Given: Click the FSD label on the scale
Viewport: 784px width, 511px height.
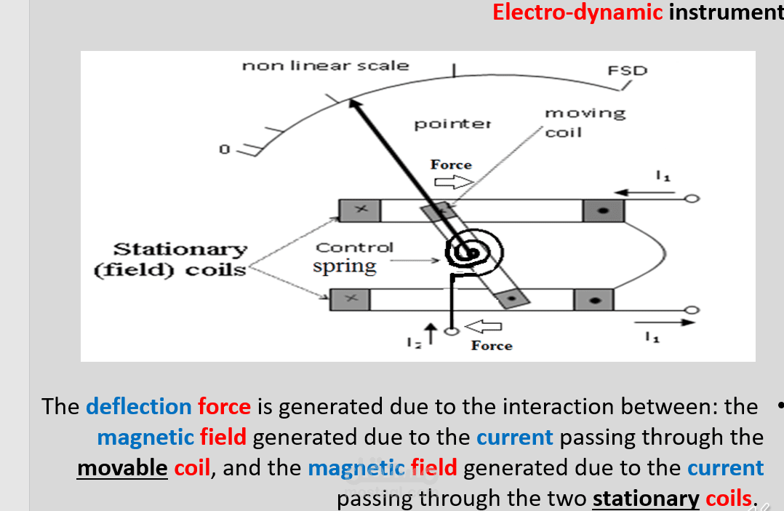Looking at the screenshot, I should [x=627, y=71].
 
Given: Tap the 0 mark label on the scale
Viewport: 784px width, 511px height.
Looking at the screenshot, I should [x=225, y=149].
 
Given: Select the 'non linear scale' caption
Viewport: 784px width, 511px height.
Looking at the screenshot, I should [x=325, y=66].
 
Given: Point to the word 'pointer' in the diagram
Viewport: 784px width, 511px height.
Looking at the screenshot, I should [x=452, y=124].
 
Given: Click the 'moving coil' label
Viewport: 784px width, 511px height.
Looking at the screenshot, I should [x=583, y=122].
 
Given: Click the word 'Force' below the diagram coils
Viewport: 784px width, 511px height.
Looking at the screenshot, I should [x=492, y=346].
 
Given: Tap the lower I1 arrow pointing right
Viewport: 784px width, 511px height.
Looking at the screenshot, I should [x=661, y=321].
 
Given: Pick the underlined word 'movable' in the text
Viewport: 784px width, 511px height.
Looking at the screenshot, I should [x=122, y=467].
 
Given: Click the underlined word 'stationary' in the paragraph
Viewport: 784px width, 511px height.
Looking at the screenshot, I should [x=646, y=498].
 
